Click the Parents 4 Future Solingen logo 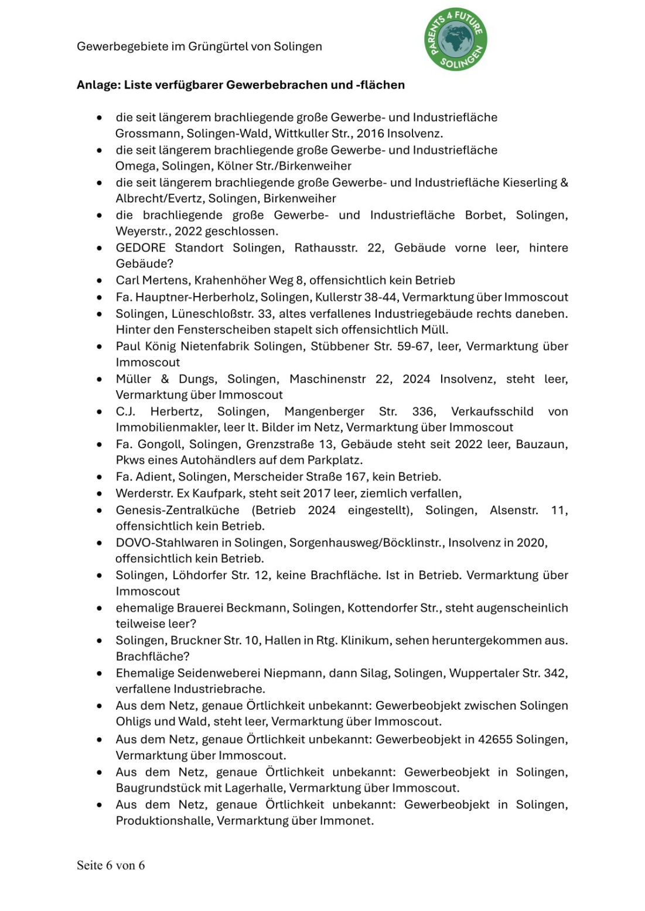point(456,40)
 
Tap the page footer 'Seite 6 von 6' point(111,865)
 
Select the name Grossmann point(148,133)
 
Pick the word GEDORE point(141,248)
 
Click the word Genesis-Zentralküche point(178,510)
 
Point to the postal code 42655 point(496,740)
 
